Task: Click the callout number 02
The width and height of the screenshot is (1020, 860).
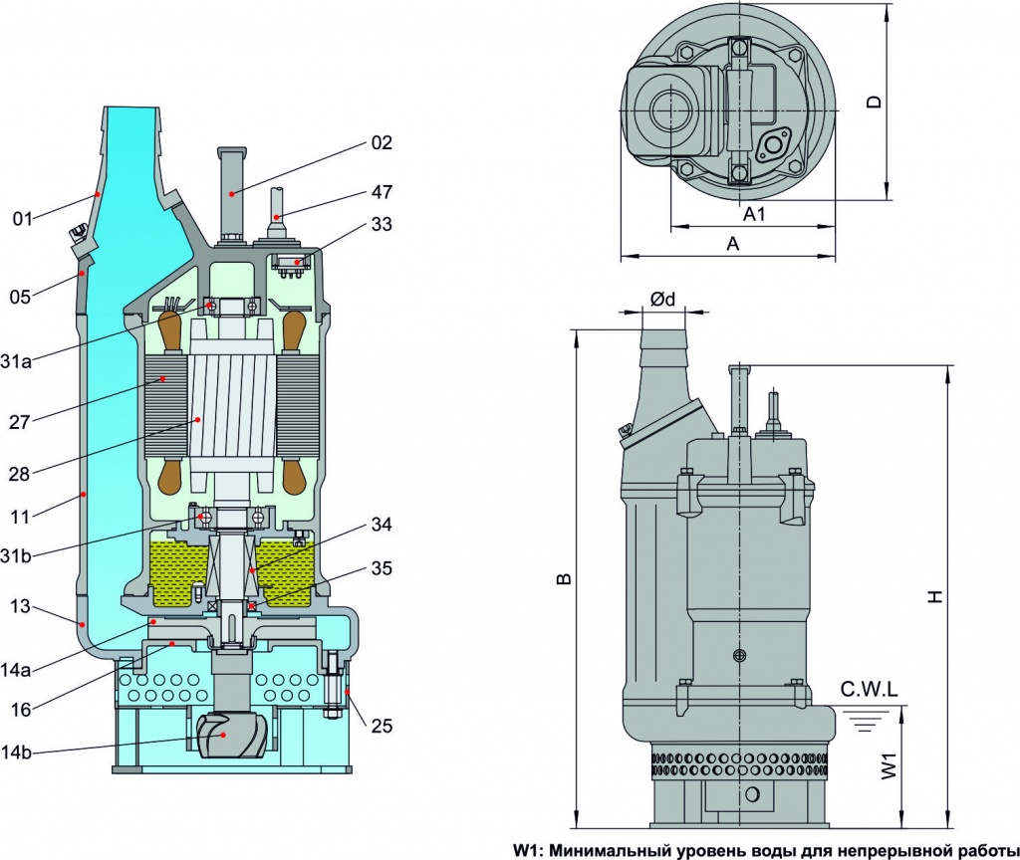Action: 382,143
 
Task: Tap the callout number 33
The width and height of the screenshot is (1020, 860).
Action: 382,225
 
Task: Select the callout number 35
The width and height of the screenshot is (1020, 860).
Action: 382,569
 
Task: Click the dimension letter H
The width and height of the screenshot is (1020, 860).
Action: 933,596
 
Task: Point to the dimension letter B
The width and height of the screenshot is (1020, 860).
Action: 564,577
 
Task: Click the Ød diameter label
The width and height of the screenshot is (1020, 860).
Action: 662,300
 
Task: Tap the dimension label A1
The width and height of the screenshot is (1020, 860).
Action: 754,214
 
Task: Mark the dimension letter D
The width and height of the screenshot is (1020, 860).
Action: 874,102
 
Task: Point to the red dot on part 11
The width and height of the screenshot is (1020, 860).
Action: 85,493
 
